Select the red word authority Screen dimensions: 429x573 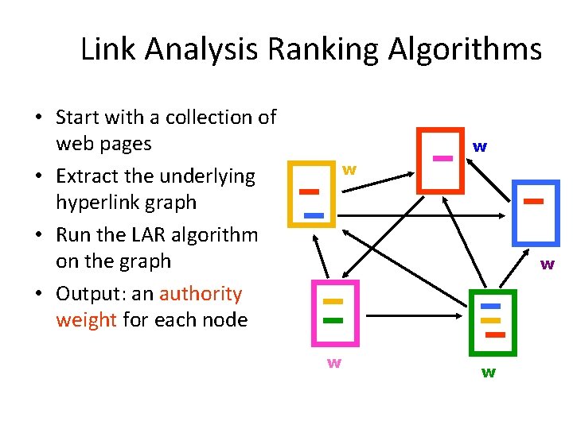(201, 294)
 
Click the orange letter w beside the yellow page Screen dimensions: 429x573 (349, 169)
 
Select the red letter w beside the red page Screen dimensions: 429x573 (480, 146)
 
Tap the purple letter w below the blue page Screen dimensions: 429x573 (548, 264)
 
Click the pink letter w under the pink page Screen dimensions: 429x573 (335, 363)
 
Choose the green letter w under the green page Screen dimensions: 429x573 (489, 372)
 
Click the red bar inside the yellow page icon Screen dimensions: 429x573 (308, 191)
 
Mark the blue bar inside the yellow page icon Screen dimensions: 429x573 (314, 215)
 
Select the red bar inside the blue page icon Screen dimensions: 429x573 (533, 202)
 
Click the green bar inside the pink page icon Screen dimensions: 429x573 (333, 320)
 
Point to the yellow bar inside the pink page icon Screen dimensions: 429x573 (333, 302)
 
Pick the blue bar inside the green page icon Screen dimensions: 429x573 (491, 306)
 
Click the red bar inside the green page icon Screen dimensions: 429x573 (494, 334)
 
